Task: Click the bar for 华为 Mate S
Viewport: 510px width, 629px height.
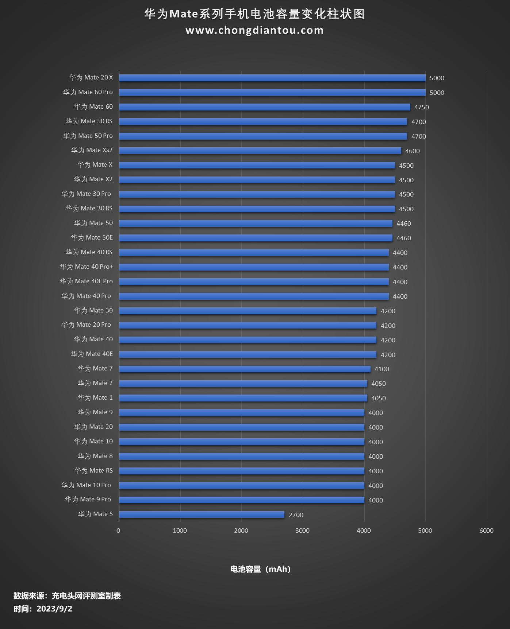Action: (x=202, y=515)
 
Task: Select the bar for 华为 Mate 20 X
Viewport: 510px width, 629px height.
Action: (x=272, y=78)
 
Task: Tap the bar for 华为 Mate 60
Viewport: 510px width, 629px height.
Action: (x=264, y=107)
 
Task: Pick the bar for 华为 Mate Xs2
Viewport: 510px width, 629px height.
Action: (x=260, y=151)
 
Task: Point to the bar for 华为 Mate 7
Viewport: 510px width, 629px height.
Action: (x=245, y=369)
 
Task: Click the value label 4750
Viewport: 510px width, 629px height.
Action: (x=421, y=107)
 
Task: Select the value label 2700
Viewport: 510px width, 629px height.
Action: (x=296, y=515)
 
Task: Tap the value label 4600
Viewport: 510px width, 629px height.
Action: (x=412, y=151)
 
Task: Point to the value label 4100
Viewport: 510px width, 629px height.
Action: (x=381, y=369)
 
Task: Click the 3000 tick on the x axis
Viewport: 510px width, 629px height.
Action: (x=302, y=531)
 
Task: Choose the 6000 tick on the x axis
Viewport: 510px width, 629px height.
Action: (x=486, y=531)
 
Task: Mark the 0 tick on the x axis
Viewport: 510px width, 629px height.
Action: (x=118, y=531)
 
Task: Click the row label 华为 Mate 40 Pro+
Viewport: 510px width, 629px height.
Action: (x=87, y=267)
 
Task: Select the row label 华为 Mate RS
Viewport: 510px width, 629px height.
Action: (x=93, y=471)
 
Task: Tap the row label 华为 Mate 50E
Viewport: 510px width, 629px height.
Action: (x=92, y=238)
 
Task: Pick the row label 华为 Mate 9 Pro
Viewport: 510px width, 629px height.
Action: (x=88, y=500)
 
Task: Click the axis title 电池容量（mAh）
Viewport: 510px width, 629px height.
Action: (x=260, y=569)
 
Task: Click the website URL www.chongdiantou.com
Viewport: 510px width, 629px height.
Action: (x=254, y=30)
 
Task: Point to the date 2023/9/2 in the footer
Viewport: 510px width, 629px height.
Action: (x=54, y=609)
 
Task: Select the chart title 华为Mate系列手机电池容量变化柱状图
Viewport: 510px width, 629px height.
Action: (x=254, y=14)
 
